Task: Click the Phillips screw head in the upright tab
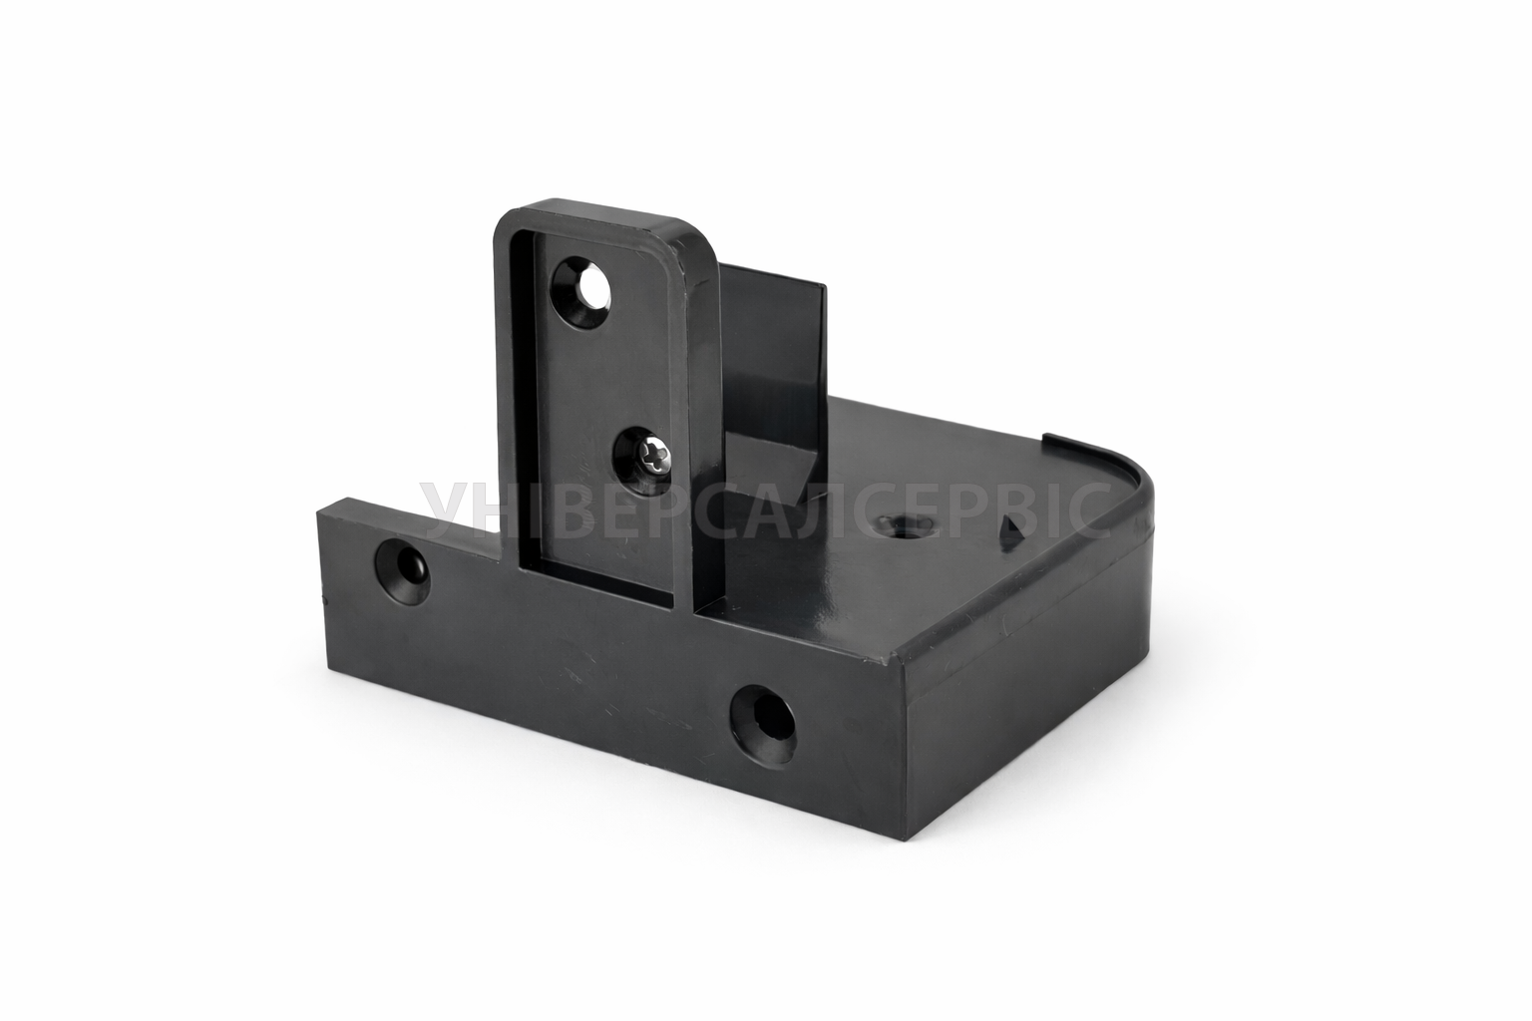tap(651, 462)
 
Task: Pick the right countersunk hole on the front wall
tap(763, 725)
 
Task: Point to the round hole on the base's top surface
tap(905, 525)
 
